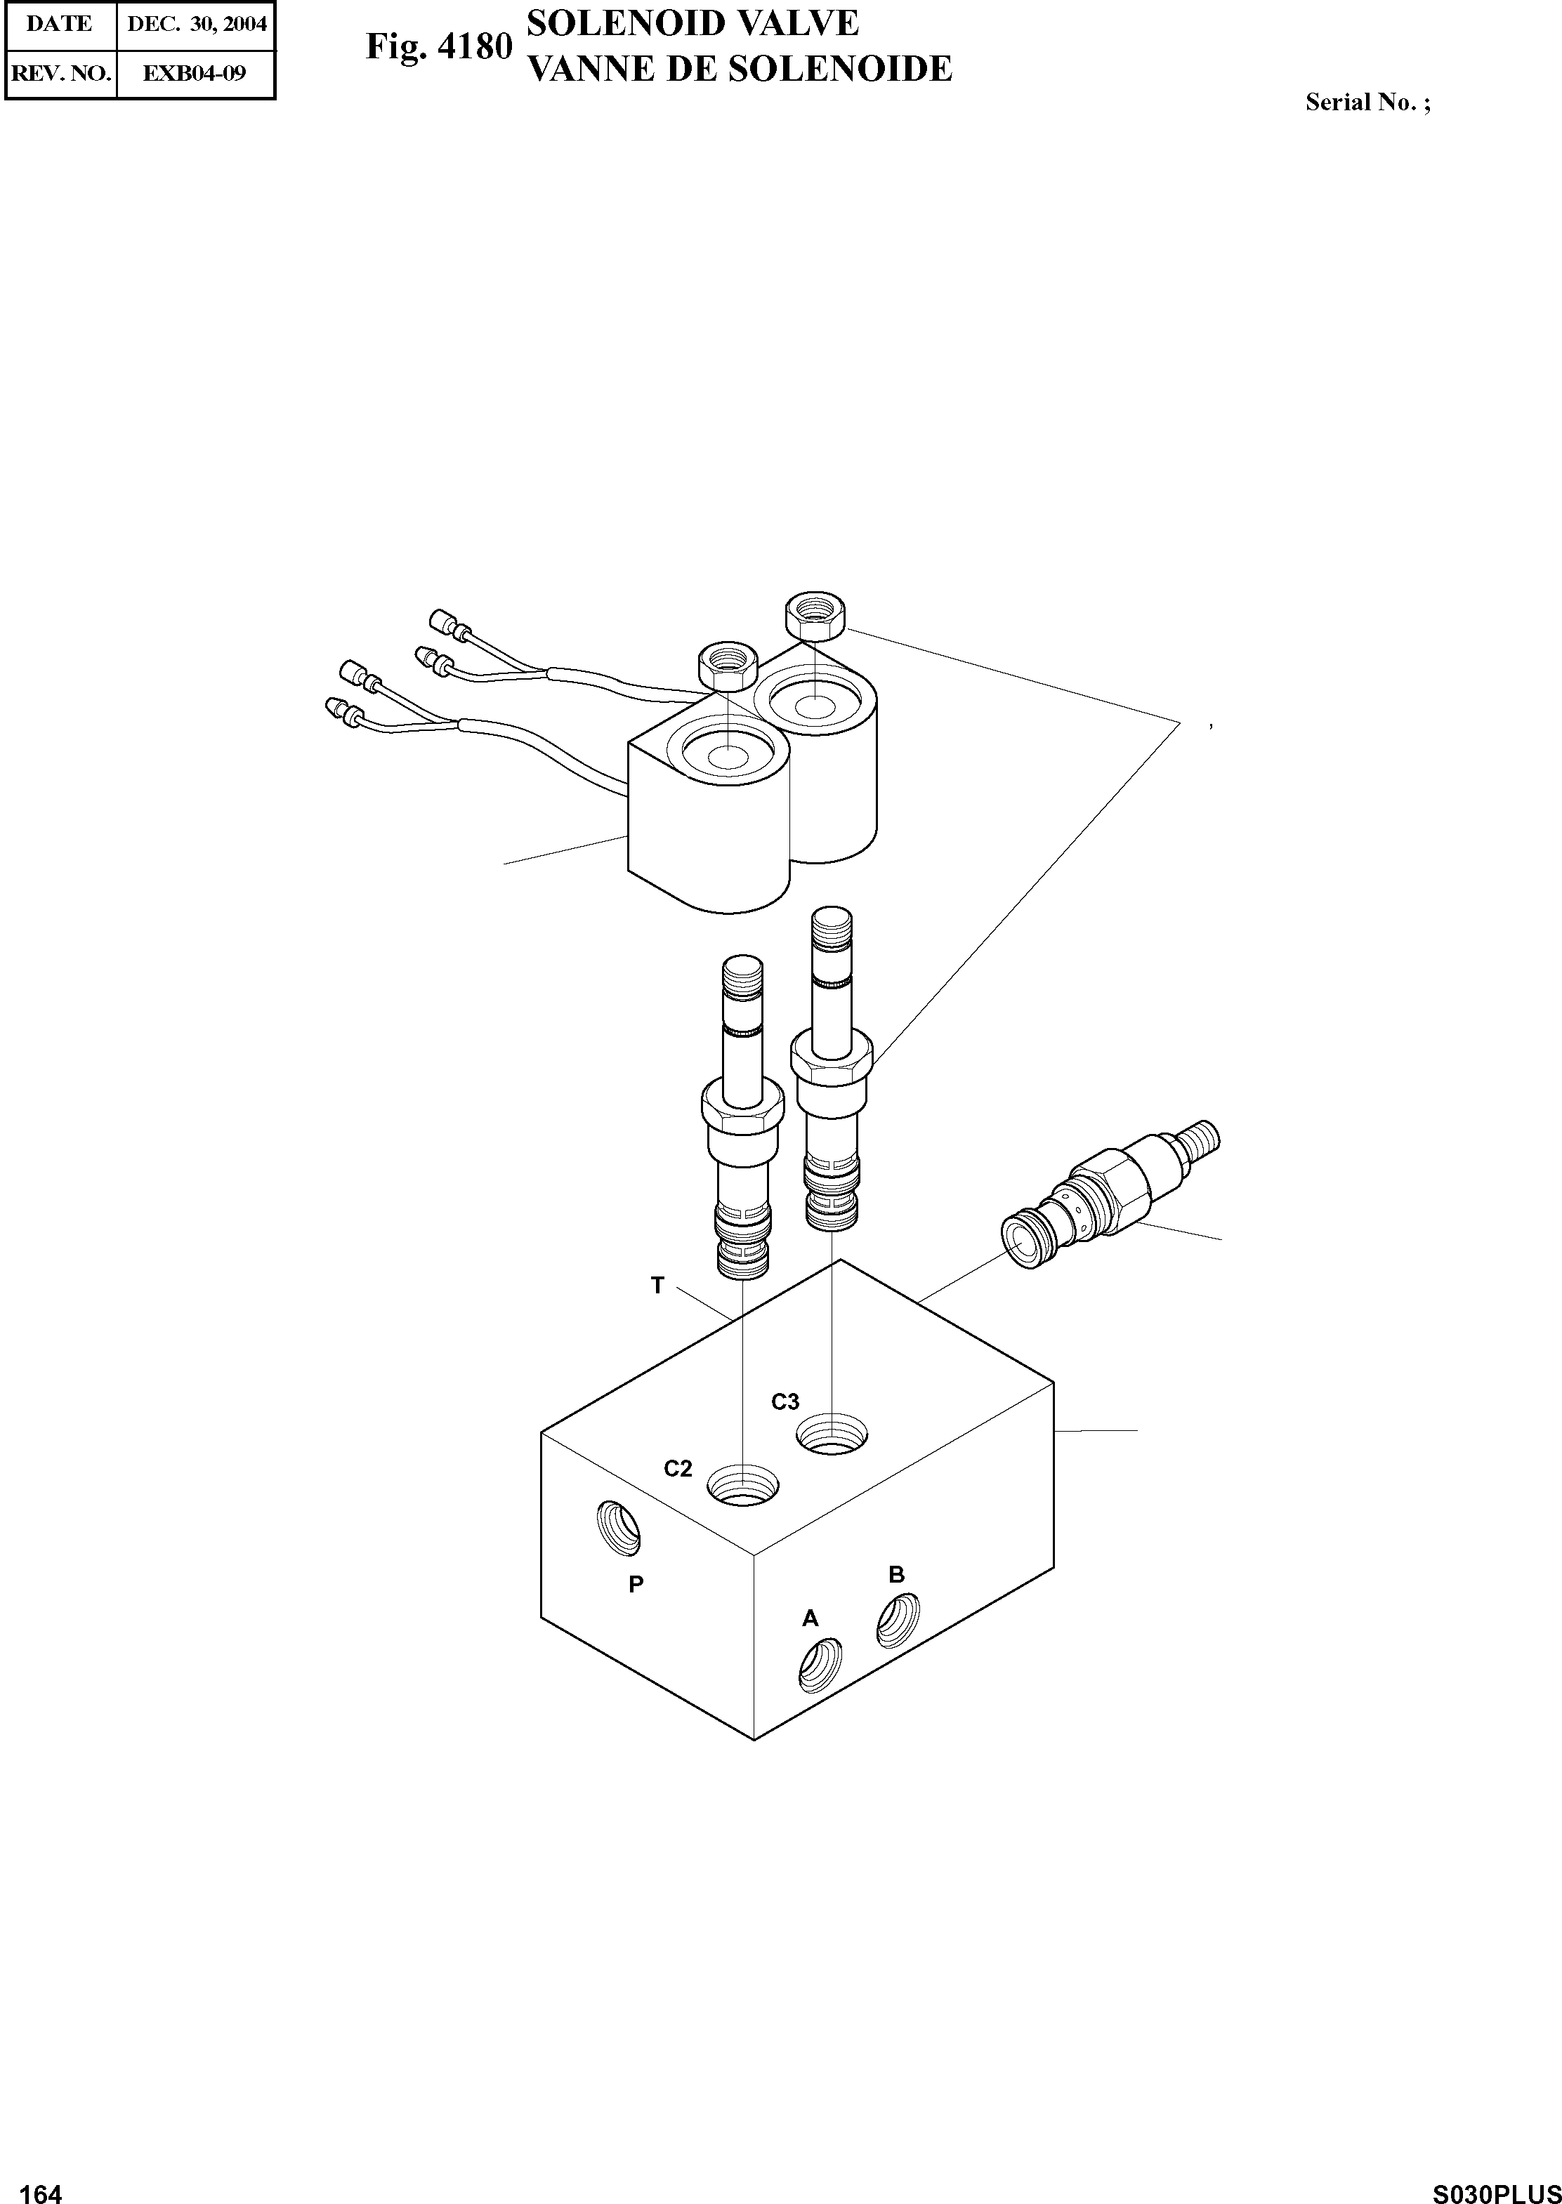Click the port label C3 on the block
(785, 1402)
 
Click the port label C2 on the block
(677, 1468)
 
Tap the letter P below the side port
(636, 1585)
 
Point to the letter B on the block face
(895, 1574)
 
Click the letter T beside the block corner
(657, 1286)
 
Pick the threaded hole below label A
(820, 1665)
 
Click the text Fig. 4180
(438, 46)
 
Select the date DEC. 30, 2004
(196, 24)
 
